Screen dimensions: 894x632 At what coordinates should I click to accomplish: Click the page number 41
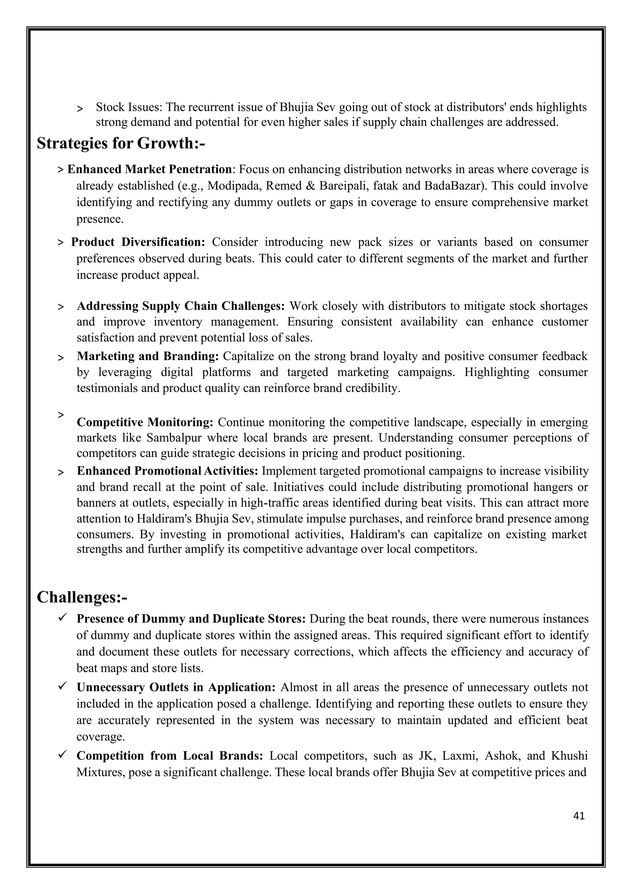579,816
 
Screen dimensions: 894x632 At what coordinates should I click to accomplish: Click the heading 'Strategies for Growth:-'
121,143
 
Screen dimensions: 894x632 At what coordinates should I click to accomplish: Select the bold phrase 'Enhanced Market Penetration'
149,169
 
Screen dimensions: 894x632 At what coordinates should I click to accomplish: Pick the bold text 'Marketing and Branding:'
148,356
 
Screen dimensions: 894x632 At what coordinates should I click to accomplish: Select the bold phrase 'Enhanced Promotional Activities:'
167,471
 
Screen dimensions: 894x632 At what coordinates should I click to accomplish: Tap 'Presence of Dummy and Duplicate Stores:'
191,619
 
